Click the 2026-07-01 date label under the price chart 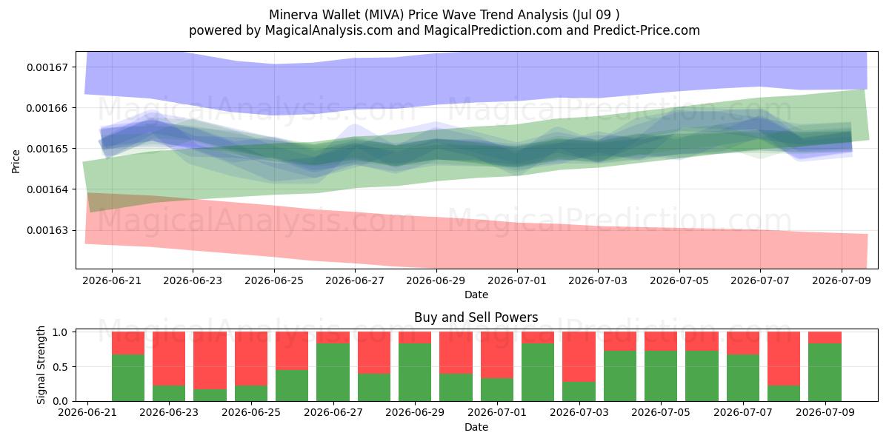[x=517, y=280]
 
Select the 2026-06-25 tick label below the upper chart [x=274, y=280]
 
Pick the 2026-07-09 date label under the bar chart [x=825, y=412]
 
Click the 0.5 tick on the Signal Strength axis [x=60, y=367]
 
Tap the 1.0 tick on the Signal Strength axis [x=60, y=332]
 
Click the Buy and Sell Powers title [x=476, y=317]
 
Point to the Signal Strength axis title [x=41, y=365]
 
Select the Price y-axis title [x=16, y=161]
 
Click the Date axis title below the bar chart [x=476, y=428]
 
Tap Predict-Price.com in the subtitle [x=647, y=30]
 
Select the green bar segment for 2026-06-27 [x=333, y=372]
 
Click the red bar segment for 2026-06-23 [x=169, y=359]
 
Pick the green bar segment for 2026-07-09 [x=825, y=372]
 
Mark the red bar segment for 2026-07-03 [x=579, y=357]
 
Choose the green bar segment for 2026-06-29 [x=415, y=372]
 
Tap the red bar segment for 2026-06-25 [x=251, y=359]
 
